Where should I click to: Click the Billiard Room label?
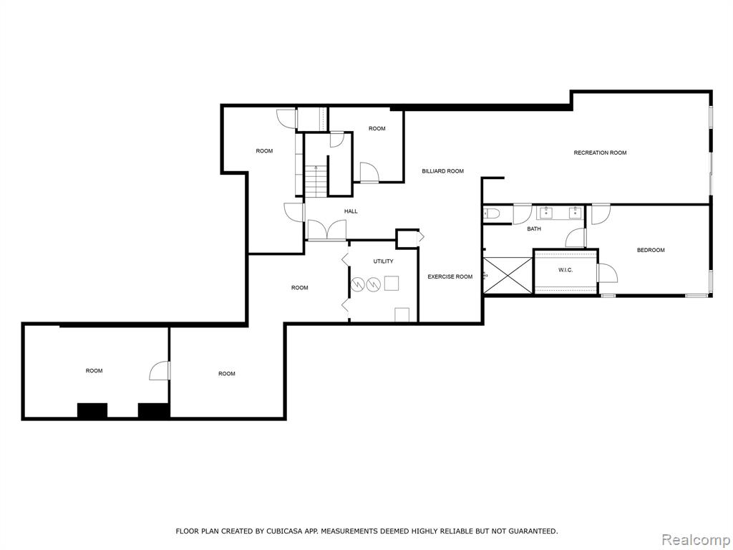(x=442, y=171)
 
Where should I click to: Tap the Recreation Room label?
(x=601, y=153)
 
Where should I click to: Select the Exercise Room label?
(x=450, y=277)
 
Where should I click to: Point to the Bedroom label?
(x=651, y=250)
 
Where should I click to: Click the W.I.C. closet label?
(x=565, y=270)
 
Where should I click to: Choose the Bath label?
(x=534, y=229)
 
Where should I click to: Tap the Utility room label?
(x=384, y=261)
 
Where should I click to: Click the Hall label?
(x=351, y=211)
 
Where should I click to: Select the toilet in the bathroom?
(x=492, y=213)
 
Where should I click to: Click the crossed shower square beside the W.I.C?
(x=508, y=276)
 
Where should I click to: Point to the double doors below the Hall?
(x=326, y=230)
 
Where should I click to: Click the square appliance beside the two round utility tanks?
(x=392, y=284)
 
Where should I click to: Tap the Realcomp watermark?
(x=696, y=540)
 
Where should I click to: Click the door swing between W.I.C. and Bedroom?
(x=608, y=273)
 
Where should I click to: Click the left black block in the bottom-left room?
(x=92, y=410)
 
